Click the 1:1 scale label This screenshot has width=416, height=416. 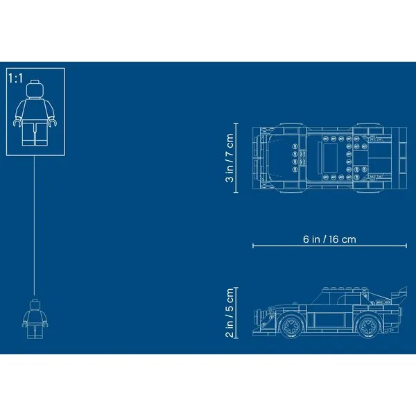pyautogui.click(x=16, y=78)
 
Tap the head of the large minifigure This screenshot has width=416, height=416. pyautogui.click(x=35, y=89)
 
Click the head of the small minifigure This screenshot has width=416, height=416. pyautogui.click(x=35, y=304)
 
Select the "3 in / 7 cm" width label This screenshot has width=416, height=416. pyautogui.click(x=229, y=158)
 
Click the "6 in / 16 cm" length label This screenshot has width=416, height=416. pyautogui.click(x=329, y=239)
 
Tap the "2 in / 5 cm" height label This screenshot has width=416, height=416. pyautogui.click(x=229, y=313)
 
